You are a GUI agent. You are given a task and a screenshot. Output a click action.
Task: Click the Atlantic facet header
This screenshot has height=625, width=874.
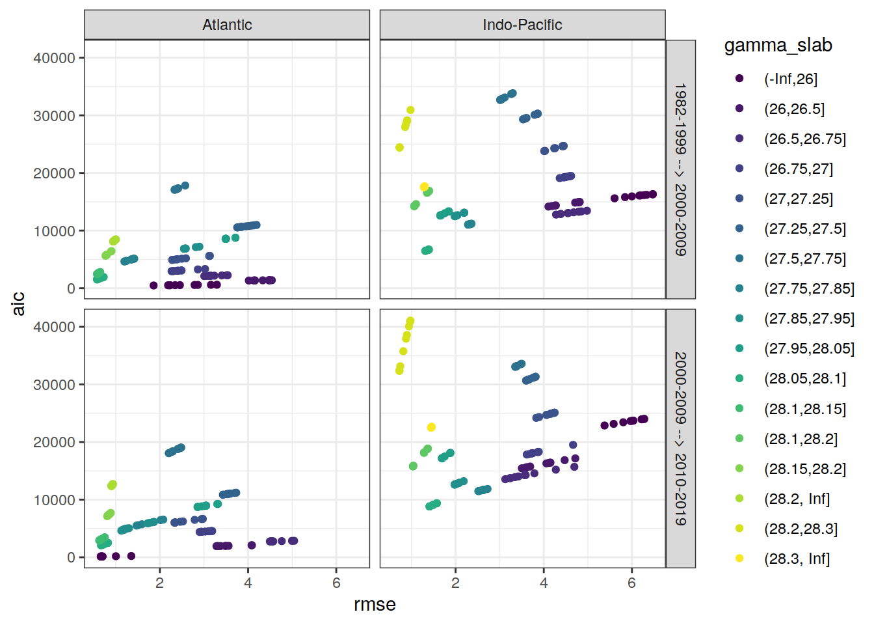pyautogui.click(x=227, y=25)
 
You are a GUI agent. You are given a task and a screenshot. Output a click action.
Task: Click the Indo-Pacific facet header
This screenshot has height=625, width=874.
pyautogui.click(x=522, y=25)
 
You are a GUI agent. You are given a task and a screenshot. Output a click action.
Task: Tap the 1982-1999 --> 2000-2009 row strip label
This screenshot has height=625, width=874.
pyautogui.click(x=680, y=169)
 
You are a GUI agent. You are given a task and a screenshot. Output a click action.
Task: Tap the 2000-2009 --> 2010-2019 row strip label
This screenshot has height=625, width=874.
pyautogui.click(x=680, y=438)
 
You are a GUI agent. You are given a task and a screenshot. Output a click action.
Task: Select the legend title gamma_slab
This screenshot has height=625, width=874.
pyautogui.click(x=778, y=46)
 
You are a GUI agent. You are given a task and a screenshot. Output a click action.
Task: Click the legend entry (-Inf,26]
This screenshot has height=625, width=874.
pyautogui.click(x=790, y=79)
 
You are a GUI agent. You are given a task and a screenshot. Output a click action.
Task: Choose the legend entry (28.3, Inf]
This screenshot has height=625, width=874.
pyautogui.click(x=797, y=559)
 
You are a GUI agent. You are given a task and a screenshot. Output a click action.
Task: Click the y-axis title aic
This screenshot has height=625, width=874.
pyautogui.click(x=18, y=303)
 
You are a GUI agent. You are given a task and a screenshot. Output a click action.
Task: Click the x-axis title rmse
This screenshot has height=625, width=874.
pyautogui.click(x=375, y=604)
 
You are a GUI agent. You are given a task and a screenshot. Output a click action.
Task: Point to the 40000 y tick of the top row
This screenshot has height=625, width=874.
pyautogui.click(x=54, y=58)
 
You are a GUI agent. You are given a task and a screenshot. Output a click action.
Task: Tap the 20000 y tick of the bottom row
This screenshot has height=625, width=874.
pyautogui.click(x=54, y=442)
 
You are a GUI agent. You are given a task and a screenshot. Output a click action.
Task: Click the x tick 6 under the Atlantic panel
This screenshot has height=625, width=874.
pyautogui.click(x=336, y=583)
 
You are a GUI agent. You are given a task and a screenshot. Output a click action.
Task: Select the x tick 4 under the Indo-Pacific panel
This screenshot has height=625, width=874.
pyautogui.click(x=544, y=583)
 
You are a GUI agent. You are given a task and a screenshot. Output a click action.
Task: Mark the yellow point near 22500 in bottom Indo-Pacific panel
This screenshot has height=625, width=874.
pyautogui.click(x=431, y=427)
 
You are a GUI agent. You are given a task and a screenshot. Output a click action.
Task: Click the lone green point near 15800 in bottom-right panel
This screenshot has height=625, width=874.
pyautogui.click(x=413, y=466)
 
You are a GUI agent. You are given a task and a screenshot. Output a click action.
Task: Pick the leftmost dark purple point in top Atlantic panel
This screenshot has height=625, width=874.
pyautogui.click(x=153, y=285)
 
